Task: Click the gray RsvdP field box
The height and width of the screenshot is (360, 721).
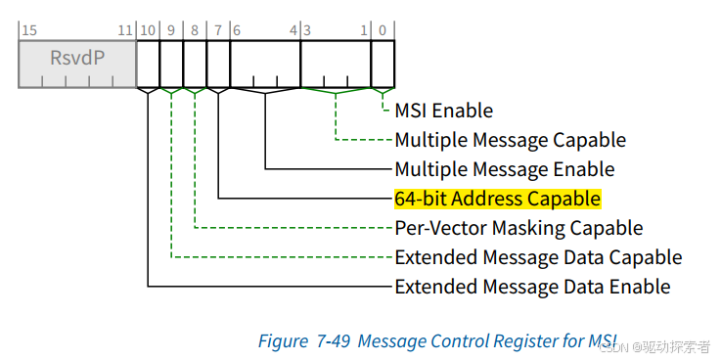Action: (77, 64)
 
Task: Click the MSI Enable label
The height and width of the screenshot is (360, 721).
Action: (443, 111)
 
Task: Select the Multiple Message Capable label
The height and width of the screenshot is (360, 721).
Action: (510, 140)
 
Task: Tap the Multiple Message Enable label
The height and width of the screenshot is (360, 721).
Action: (504, 169)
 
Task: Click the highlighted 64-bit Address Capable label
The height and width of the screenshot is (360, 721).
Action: (497, 199)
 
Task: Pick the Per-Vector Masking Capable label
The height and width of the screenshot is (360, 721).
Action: (518, 228)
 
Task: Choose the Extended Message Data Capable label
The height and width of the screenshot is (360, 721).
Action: (538, 257)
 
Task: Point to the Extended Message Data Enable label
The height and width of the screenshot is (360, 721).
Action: (532, 287)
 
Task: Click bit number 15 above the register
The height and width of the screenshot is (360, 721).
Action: (28, 30)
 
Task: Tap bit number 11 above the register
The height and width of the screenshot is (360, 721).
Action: (125, 30)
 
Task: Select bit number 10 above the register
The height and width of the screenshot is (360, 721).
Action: (147, 30)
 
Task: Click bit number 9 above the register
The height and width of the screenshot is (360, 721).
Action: (170, 30)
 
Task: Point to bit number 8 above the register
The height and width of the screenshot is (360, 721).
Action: (194, 30)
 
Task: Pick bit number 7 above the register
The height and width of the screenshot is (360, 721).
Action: (217, 30)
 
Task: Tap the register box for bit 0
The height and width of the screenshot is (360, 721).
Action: (383, 64)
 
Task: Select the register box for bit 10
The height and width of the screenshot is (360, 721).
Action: (148, 64)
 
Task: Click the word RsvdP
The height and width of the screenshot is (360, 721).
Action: (77, 58)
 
